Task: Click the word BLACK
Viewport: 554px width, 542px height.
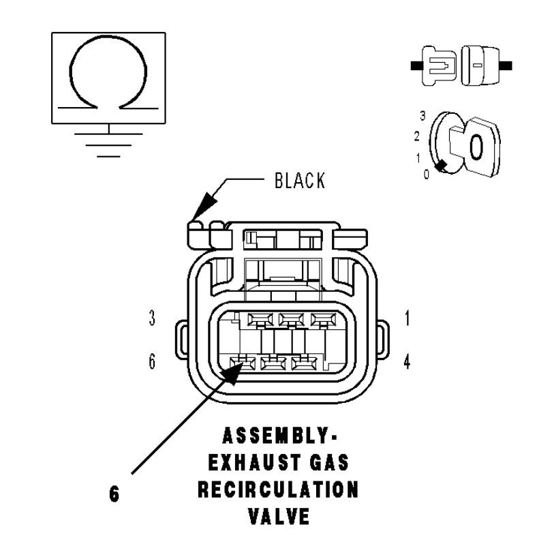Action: coord(300,181)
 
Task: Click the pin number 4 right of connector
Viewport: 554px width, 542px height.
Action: coord(407,362)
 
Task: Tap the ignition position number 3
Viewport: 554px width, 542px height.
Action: coord(422,116)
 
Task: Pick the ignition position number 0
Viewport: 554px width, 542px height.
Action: coord(426,174)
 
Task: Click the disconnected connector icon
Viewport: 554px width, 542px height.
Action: coord(461,66)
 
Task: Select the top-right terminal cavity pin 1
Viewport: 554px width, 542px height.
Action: coord(323,318)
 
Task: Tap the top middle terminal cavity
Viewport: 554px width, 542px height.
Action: coord(292,318)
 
